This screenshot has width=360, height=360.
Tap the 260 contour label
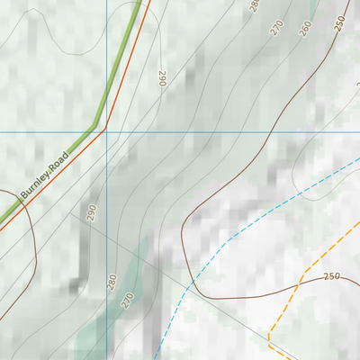[x=304, y=28]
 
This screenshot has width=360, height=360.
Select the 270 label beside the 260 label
[x=277, y=28]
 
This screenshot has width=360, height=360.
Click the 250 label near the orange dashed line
[x=331, y=275]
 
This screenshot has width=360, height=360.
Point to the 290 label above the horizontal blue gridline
[x=162, y=79]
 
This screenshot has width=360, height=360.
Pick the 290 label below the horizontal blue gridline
[x=91, y=213]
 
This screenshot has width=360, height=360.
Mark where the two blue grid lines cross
[x=106, y=131]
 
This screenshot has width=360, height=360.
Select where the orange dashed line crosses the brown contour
[x=298, y=284]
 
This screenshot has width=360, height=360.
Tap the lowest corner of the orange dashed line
[x=269, y=340]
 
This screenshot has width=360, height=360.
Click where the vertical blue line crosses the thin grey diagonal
[x=106, y=238]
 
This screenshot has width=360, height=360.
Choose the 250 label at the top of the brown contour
[x=338, y=23]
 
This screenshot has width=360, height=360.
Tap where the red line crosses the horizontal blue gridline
[x=106, y=131]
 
